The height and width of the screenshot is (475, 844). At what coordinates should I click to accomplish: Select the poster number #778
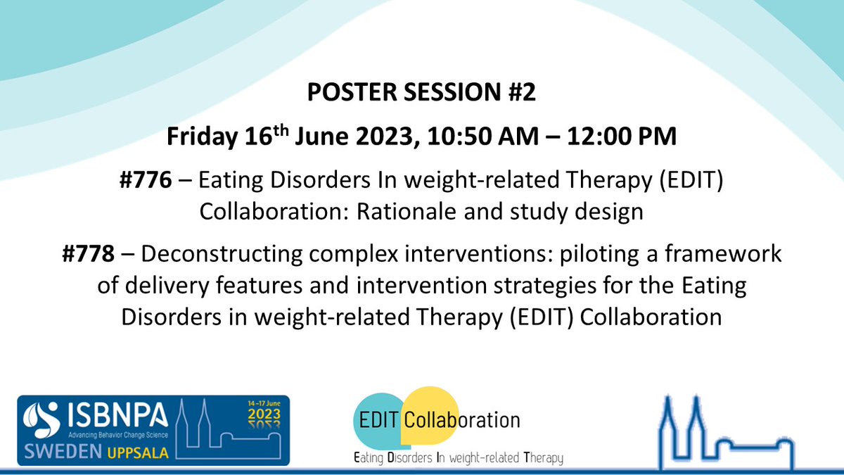click(87, 254)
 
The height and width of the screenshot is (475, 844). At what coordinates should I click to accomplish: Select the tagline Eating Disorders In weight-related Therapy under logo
click(458, 458)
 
